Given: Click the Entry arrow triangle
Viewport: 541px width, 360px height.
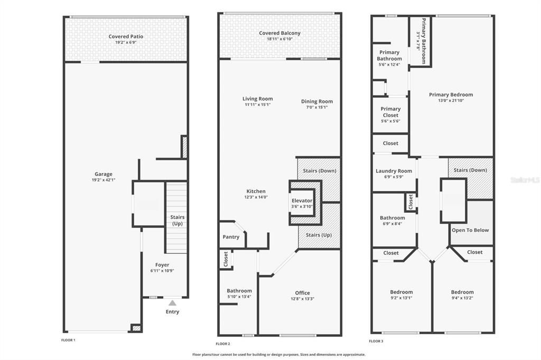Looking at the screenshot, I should click(x=172, y=303).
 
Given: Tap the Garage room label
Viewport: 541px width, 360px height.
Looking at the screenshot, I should click(x=104, y=174).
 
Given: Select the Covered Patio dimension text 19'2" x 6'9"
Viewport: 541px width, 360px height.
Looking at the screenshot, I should click(x=126, y=43).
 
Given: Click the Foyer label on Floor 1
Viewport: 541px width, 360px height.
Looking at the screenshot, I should click(x=162, y=265).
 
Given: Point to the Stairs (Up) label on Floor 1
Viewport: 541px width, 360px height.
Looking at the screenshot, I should click(x=177, y=221).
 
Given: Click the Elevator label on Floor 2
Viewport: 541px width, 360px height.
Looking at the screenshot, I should click(x=302, y=201).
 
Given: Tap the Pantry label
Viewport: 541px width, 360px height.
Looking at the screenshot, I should click(x=231, y=237).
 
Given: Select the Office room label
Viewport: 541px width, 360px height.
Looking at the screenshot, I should click(x=303, y=293).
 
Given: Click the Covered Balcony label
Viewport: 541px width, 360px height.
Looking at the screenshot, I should click(x=279, y=33).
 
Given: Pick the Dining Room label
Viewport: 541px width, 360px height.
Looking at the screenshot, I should click(x=317, y=101).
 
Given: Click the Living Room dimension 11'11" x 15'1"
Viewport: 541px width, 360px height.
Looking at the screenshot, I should click(x=258, y=105).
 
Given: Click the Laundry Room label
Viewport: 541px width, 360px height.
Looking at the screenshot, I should click(x=394, y=171).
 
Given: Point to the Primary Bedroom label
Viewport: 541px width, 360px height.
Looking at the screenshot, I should click(x=451, y=94).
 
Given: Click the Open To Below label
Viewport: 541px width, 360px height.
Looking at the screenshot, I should click(x=470, y=230).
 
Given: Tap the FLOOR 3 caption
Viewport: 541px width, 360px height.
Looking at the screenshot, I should click(x=376, y=341).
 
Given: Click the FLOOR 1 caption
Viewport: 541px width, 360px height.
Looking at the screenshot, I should click(x=68, y=340).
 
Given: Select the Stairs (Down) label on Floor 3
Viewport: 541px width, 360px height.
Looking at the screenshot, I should click(x=470, y=170).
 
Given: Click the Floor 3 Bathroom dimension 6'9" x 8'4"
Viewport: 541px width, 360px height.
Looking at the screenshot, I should click(x=392, y=223).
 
